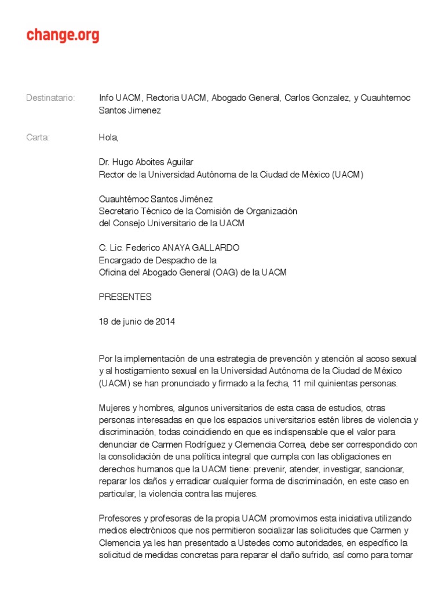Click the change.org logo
coord(63,35)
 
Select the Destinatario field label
coord(50,98)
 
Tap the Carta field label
coord(38,137)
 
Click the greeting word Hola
coord(108,137)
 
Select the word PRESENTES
coord(125,297)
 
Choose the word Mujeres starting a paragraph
coord(115,408)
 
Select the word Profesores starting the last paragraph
coord(119,518)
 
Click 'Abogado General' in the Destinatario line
coord(245,98)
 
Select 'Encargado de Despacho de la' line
coord(157,260)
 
